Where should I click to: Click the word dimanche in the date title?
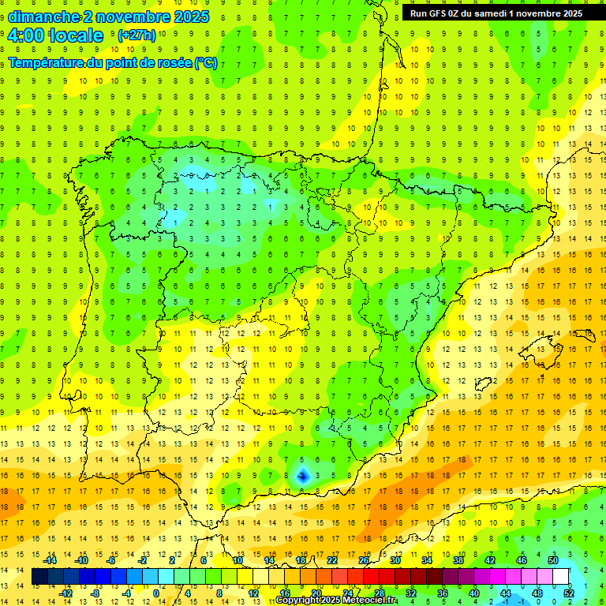[x=43, y=17]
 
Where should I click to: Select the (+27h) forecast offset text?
[x=137, y=36]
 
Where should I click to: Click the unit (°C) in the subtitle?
[x=206, y=63]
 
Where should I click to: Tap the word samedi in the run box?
[x=497, y=13]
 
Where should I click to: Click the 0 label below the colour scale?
[x=156, y=593]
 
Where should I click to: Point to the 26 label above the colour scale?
[x=364, y=560]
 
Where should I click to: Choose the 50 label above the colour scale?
[x=552, y=560]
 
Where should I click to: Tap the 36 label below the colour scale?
[x=442, y=593]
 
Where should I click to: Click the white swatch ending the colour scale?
[x=560, y=577]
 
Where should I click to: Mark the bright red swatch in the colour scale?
[x=371, y=577]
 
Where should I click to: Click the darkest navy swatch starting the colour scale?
[x=40, y=577]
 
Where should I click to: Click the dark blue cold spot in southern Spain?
[x=302, y=475]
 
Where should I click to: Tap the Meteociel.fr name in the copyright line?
[x=370, y=600]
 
